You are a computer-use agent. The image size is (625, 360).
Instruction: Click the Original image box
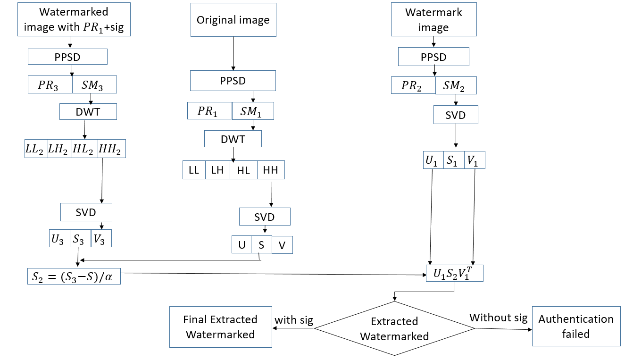(233, 20)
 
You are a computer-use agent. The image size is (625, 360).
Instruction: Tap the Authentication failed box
(575, 327)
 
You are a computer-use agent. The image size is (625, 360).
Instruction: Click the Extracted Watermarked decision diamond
(394, 328)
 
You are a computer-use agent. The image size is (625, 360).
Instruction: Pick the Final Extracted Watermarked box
(220, 327)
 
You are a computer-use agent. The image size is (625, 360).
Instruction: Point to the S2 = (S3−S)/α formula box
(74, 276)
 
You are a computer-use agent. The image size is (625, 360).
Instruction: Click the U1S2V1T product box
(454, 273)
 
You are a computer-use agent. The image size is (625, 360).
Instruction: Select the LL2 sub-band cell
(36, 149)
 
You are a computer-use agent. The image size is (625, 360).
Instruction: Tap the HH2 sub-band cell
(112, 149)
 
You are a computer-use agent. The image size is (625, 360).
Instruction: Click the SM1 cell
(253, 111)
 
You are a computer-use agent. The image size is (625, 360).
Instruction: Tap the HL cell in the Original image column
(243, 170)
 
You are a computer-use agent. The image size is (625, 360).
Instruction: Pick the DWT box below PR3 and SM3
(88, 111)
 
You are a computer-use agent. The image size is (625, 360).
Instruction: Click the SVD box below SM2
(456, 115)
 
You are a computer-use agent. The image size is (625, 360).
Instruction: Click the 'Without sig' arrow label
(498, 318)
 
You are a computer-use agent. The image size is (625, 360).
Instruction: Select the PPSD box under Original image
(233, 81)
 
